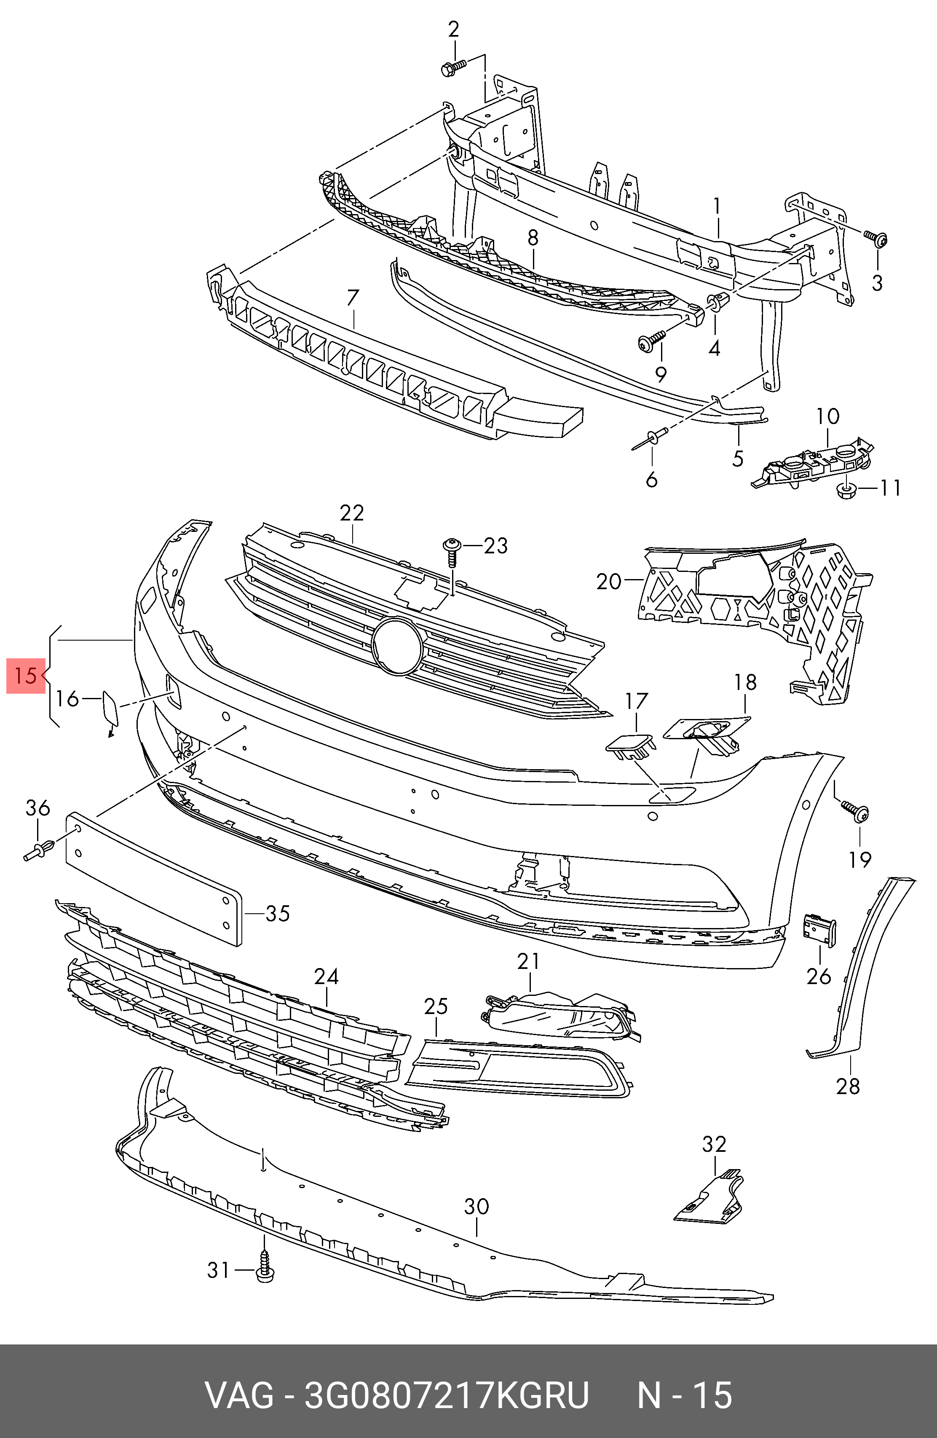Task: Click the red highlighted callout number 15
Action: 25,675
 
